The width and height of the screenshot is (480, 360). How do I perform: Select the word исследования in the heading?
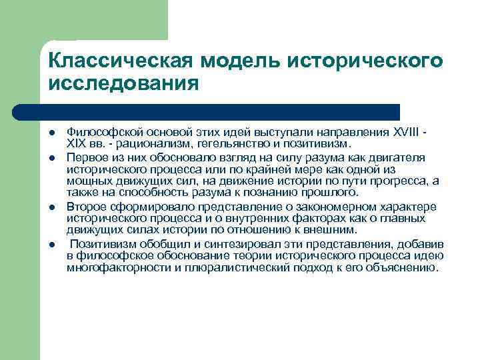(123, 85)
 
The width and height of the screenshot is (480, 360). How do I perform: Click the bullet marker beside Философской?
(52, 133)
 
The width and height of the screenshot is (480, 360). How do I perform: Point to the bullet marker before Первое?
(52, 157)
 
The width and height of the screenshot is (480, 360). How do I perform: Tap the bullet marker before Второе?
(52, 205)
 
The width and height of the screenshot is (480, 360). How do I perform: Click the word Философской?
(97, 133)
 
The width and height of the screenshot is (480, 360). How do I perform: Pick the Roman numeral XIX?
(77, 143)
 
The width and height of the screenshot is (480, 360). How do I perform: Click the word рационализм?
(150, 143)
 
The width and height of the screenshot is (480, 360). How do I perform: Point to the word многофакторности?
(109, 268)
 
